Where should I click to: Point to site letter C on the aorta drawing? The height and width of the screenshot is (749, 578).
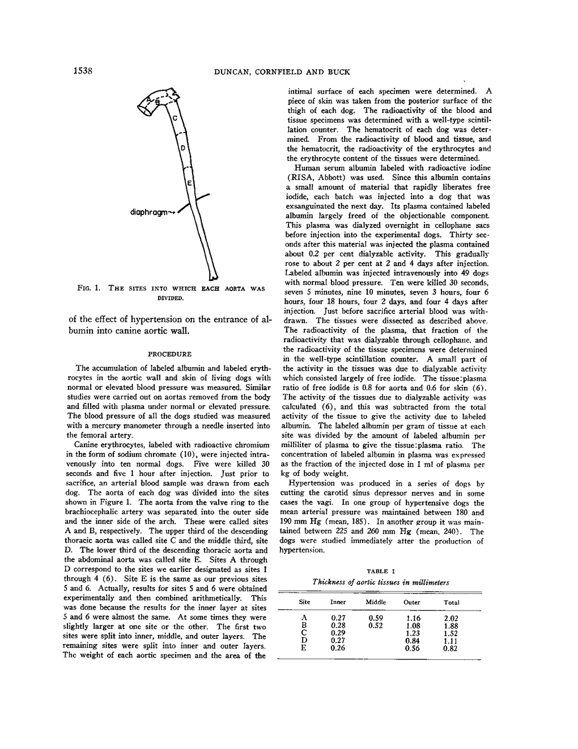point(175,118)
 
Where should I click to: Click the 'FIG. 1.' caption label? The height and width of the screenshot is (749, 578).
point(89,288)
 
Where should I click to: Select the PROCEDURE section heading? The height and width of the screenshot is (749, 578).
point(169,354)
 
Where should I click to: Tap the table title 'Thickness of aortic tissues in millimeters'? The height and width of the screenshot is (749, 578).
point(380,582)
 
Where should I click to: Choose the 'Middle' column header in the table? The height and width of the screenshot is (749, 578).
point(376,602)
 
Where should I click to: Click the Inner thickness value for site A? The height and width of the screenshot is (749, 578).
point(338,618)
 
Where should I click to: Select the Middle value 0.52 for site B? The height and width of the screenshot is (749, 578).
point(376,626)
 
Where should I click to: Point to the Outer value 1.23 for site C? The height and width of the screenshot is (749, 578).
point(413,633)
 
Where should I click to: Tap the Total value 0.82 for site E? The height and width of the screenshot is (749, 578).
point(451,649)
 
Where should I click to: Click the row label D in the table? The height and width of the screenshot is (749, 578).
point(304,641)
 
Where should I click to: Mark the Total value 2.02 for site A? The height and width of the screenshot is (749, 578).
point(451,618)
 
